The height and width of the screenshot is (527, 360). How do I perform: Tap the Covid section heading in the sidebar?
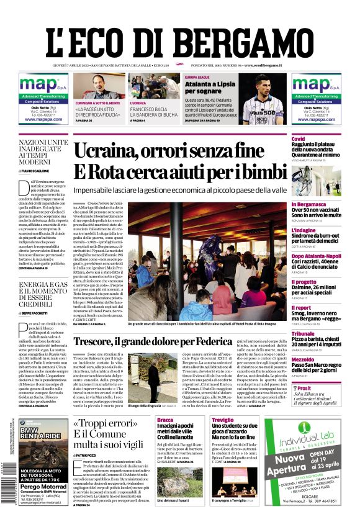299,138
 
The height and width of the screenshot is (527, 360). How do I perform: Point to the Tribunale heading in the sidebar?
304,334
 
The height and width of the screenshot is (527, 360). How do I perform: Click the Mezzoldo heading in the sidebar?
303,359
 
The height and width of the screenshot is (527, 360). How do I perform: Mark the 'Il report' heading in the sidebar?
302,307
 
